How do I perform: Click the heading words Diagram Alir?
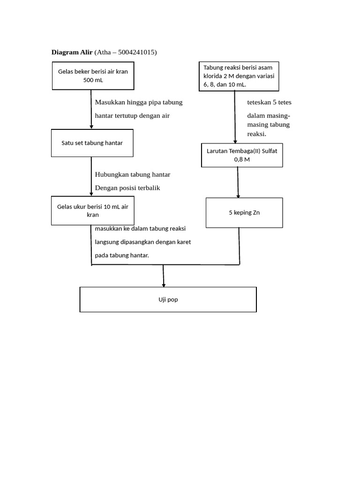(72, 52)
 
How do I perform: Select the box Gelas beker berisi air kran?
(93, 76)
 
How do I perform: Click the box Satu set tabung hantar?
(92, 143)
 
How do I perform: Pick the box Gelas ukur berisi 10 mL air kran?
(92, 210)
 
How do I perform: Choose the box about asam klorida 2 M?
(239, 76)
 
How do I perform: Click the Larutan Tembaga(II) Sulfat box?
(242, 155)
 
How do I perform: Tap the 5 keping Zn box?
(244, 212)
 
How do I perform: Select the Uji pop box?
(168, 300)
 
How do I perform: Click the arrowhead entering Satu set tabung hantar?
(91, 127)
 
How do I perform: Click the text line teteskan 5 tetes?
(269, 102)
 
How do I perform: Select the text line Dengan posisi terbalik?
(127, 188)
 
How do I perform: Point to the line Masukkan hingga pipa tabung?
(139, 102)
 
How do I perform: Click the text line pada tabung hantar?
(122, 255)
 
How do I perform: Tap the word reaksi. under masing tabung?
(257, 134)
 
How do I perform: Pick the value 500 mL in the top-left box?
(93, 80)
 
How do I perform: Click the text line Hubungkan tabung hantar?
(133, 174)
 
